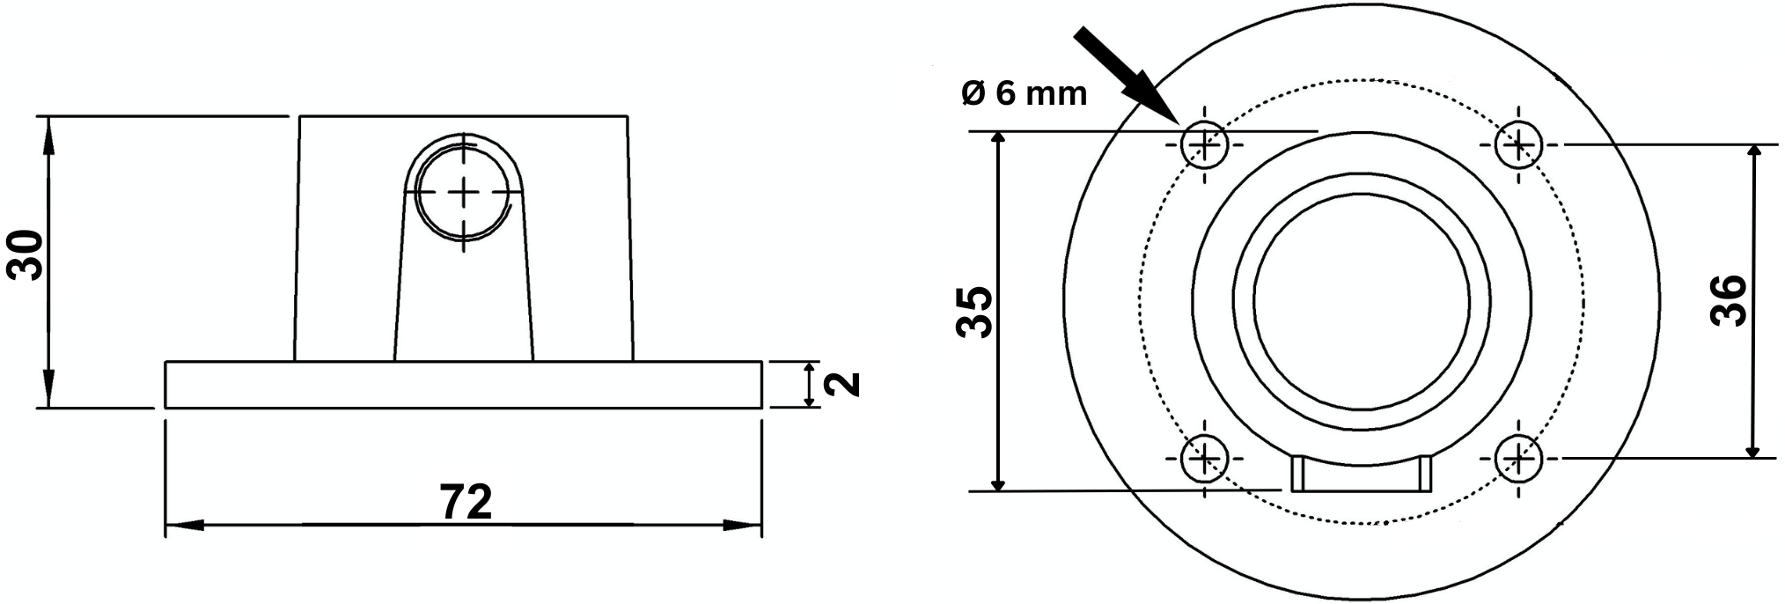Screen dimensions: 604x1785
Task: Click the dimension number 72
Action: tap(466, 503)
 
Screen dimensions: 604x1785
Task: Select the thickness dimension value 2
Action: tap(844, 384)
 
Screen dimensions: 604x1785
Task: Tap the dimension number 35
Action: tap(974, 312)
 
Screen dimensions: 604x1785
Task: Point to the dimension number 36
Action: tap(1730, 301)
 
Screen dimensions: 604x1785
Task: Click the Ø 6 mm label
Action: tap(1024, 92)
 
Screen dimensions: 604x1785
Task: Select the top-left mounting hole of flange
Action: tap(1204, 144)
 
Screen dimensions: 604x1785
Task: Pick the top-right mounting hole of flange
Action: tap(1518, 144)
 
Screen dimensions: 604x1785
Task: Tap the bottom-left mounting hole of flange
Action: tap(1204, 458)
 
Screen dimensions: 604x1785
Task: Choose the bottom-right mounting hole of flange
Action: tap(1518, 458)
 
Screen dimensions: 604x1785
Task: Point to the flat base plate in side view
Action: tap(464, 385)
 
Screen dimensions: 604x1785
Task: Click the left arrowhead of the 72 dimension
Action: tap(182, 526)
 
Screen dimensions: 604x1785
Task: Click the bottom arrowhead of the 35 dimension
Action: tap(998, 479)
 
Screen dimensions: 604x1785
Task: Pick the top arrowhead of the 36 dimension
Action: tap(1753, 157)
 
